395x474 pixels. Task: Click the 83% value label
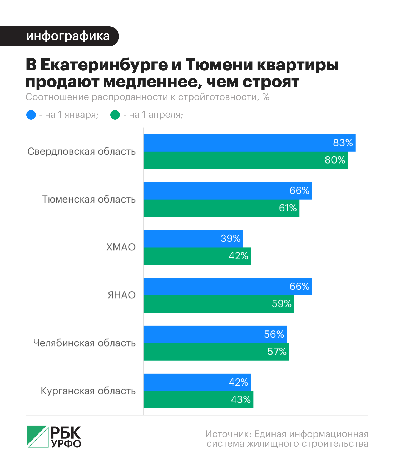pyautogui.click(x=343, y=143)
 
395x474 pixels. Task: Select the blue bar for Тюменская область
pyautogui.click(x=216, y=191)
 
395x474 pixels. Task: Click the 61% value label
pyautogui.click(x=288, y=208)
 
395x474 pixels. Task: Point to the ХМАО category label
pyautogui.click(x=121, y=247)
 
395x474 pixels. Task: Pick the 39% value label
pyautogui.click(x=230, y=239)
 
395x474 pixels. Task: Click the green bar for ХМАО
pyautogui.click(x=184, y=256)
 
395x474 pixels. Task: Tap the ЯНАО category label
pyautogui.click(x=121, y=295)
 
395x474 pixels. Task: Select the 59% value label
pyautogui.click(x=282, y=304)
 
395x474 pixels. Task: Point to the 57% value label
pyautogui.click(x=277, y=352)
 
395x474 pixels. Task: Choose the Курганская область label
pyautogui.click(x=88, y=391)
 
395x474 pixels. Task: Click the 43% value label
pyautogui.click(x=241, y=400)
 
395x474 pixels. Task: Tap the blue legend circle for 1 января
pyautogui.click(x=31, y=115)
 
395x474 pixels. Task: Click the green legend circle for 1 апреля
pyautogui.click(x=115, y=115)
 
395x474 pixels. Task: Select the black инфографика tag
pyautogui.click(x=59, y=36)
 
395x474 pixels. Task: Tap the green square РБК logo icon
pyautogui.click(x=38, y=436)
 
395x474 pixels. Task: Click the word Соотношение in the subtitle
pyautogui.click(x=57, y=97)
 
